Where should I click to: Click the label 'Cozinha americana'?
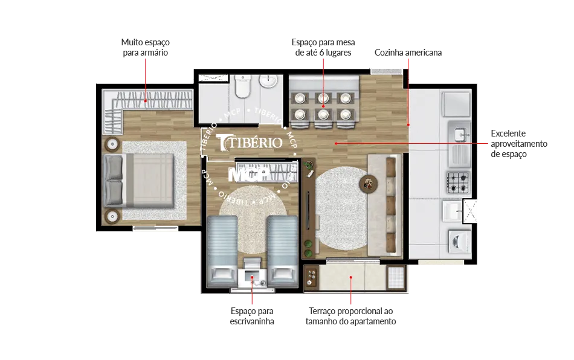tap(408, 53)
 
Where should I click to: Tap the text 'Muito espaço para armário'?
tap(146, 48)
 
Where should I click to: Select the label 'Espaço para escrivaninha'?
tap(252, 316)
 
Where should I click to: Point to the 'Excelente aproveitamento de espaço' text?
tap(519, 144)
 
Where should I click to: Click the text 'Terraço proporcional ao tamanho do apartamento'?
tap(350, 316)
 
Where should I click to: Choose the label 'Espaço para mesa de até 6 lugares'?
tap(323, 48)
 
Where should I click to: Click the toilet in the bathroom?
tap(242, 86)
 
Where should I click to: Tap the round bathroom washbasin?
tap(269, 81)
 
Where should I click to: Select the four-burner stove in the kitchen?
tap(458, 182)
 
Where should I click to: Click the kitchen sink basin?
tap(460, 134)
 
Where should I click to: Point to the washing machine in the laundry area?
tap(459, 241)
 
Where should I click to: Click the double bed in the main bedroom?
tap(139, 181)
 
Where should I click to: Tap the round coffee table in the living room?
tap(369, 183)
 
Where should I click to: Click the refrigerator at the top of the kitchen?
tap(456, 104)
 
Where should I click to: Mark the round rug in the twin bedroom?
tap(253, 219)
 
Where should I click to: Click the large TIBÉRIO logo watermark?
tap(250, 143)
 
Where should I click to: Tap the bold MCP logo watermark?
tap(248, 175)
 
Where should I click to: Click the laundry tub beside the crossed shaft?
tap(452, 211)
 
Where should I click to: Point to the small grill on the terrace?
tap(312, 277)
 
